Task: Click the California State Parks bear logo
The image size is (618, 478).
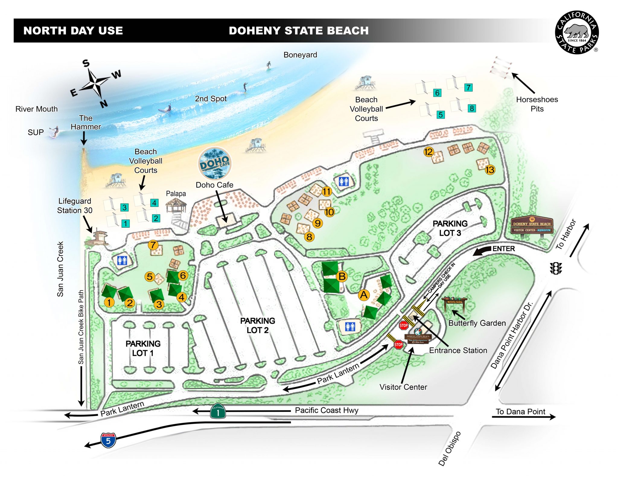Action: [577, 33]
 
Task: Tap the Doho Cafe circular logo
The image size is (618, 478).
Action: [215, 163]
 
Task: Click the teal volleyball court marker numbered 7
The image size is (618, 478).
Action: [468, 88]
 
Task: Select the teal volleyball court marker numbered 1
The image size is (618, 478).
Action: [125, 223]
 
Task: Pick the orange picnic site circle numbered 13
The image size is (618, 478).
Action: [490, 170]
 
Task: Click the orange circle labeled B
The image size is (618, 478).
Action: [342, 276]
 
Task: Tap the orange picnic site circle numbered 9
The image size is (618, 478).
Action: [317, 223]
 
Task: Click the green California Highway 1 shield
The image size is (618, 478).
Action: [218, 411]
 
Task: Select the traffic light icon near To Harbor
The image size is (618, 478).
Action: [556, 268]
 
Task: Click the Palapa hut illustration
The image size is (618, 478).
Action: [176, 205]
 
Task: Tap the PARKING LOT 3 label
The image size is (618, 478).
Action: [450, 228]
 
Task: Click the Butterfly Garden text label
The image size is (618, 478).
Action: [477, 323]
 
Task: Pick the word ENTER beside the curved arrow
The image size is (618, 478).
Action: [503, 249]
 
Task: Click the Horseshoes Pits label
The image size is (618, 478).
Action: [537, 104]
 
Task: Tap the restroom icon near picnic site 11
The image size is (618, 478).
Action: [344, 181]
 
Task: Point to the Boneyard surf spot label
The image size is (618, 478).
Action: [300, 55]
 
